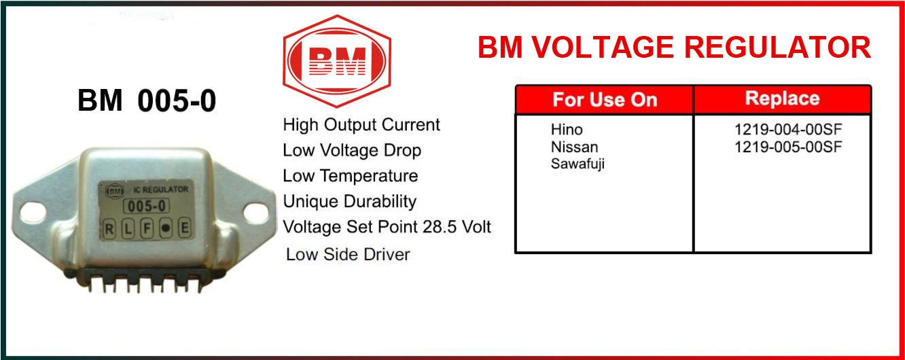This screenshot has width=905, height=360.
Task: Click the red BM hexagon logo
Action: click(x=337, y=61)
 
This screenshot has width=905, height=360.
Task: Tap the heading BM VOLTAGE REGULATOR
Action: click(x=674, y=48)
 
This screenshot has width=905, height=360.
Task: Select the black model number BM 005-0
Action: click(x=147, y=101)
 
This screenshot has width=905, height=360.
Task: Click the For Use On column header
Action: click(x=605, y=99)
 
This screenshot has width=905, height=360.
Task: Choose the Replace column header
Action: click(x=782, y=98)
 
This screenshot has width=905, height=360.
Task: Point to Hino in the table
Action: click(x=567, y=129)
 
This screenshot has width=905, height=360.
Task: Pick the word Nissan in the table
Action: click(x=574, y=147)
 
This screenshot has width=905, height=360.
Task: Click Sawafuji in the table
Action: click(x=578, y=164)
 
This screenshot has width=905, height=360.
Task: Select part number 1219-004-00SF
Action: click(x=788, y=129)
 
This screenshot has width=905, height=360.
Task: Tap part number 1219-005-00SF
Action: click(x=788, y=147)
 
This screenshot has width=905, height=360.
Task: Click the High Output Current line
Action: click(x=361, y=125)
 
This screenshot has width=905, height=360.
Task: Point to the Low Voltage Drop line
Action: click(x=352, y=150)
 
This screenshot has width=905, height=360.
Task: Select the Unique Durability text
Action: click(x=349, y=202)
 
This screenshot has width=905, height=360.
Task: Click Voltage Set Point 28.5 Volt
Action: click(x=387, y=227)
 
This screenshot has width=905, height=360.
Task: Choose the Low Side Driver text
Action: click(x=348, y=255)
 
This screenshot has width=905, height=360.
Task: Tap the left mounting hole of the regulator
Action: click(x=33, y=212)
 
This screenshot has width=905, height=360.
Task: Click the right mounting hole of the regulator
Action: click(x=255, y=212)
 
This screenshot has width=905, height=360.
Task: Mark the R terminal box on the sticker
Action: click(x=109, y=229)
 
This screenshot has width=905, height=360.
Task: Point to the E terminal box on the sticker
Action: click(x=184, y=228)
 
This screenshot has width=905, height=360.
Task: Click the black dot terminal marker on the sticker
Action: click(x=165, y=228)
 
